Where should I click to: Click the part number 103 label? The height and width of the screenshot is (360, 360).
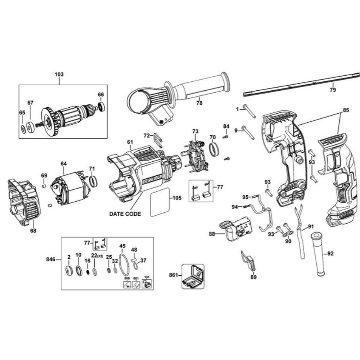[59, 74]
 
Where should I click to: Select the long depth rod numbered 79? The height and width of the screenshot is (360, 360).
[302, 85]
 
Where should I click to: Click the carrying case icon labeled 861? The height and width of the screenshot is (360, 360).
[193, 276]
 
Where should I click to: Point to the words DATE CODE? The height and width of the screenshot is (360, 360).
[125, 213]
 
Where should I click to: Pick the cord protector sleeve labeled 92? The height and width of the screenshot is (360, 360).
[318, 254]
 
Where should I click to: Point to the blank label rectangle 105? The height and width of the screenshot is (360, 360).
[160, 202]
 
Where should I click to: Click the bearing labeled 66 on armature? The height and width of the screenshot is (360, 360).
[102, 106]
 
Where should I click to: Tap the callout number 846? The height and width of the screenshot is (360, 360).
[51, 259]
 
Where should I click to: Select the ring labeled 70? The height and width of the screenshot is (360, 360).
[214, 150]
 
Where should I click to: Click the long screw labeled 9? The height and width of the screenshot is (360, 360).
[248, 133]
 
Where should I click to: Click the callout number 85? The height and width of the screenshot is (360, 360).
[345, 110]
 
